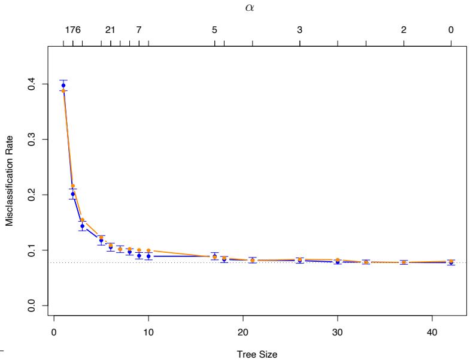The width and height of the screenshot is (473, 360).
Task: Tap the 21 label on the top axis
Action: click(110, 30)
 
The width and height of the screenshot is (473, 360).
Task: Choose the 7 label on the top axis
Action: click(139, 30)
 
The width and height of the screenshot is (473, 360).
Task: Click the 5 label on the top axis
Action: click(214, 30)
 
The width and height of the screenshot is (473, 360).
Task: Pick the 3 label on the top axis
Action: click(299, 30)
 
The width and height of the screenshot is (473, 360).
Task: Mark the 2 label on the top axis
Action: click(404, 30)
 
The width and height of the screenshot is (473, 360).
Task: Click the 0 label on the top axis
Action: click(451, 30)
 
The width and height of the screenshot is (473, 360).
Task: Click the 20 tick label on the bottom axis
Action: click(242, 332)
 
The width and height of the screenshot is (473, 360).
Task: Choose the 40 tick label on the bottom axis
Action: click(432, 332)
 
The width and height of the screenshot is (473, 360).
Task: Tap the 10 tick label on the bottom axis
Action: click(148, 332)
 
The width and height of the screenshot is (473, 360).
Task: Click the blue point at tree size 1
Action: click(63, 86)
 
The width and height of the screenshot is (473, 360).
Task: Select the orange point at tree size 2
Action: click(73, 186)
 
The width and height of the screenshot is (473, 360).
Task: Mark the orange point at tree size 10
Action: click(148, 250)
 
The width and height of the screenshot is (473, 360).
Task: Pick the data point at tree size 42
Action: click(451, 262)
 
